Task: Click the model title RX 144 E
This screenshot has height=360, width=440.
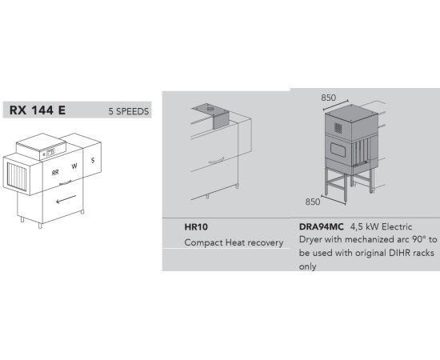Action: pyautogui.click(x=38, y=110)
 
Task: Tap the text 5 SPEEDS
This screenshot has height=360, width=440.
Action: pyautogui.click(x=129, y=111)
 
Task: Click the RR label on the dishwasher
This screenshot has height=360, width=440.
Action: pyautogui.click(x=55, y=173)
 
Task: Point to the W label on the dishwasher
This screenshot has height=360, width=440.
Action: pyautogui.click(x=74, y=166)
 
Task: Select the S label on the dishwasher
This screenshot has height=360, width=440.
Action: pyautogui.click(x=93, y=161)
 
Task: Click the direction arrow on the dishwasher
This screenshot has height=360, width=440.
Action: pyautogui.click(x=66, y=199)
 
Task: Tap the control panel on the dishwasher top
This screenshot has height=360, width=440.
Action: pyautogui.click(x=50, y=153)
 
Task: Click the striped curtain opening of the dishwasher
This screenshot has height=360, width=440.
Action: pyautogui.click(x=17, y=177)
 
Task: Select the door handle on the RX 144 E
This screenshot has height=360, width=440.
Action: pyautogui.click(x=66, y=182)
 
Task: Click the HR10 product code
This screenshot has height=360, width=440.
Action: pyautogui.click(x=196, y=226)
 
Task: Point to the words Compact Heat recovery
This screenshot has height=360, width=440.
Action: pyautogui.click(x=234, y=242)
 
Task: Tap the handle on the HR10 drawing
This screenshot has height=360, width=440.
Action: pyautogui.click(x=216, y=160)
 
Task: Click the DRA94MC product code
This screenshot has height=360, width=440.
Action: pyautogui.click(x=322, y=226)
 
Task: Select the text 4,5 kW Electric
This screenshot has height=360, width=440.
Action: pyautogui.click(x=382, y=226)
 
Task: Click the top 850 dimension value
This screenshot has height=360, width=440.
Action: pyautogui.click(x=328, y=98)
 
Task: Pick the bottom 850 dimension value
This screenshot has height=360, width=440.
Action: pyautogui.click(x=312, y=202)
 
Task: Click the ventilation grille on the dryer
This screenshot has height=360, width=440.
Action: pyautogui.click(x=338, y=128)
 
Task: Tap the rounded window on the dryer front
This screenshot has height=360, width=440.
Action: pyautogui.click(x=338, y=149)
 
